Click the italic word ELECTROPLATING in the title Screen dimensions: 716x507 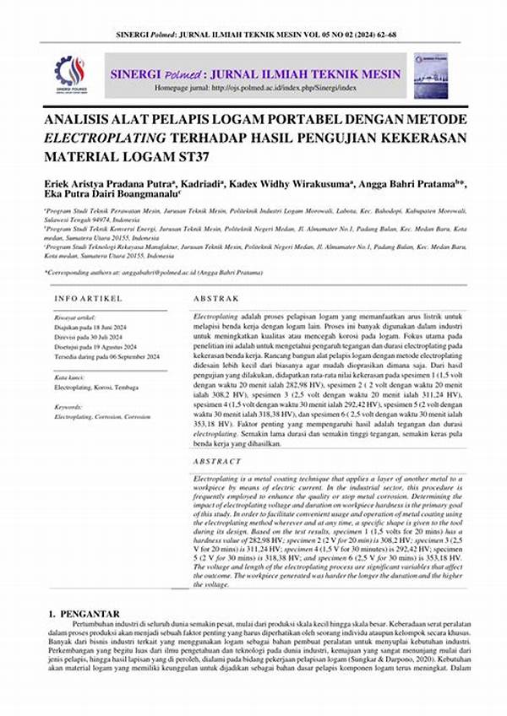pos(105,138)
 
